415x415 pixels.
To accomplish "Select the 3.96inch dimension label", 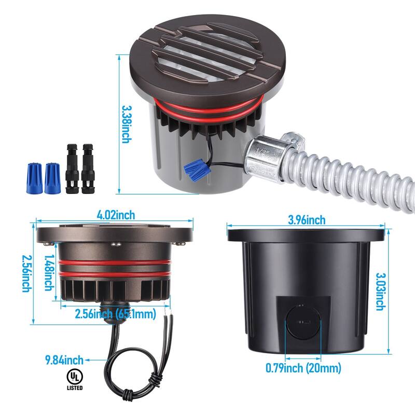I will (307, 219).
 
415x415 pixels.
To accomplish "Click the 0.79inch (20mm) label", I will (303, 369).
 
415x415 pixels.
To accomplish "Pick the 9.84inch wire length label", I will (64, 359).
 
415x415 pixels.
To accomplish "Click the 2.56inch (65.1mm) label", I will (115, 314).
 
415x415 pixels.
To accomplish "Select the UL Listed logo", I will (74, 379).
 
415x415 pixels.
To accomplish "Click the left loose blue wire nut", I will (33, 178).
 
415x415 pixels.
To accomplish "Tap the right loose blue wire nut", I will (51, 178).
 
